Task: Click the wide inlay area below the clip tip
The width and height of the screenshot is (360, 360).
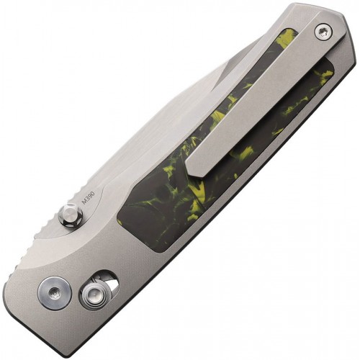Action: click(x=166, y=209)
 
